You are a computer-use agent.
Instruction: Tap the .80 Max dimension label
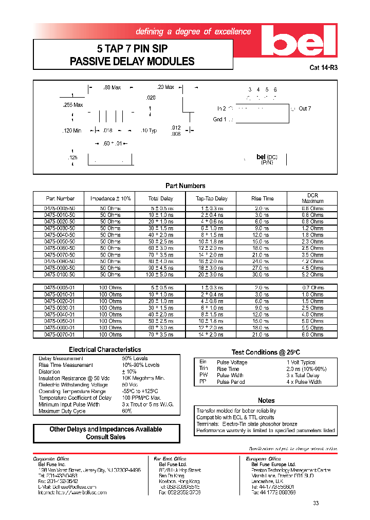[112, 88]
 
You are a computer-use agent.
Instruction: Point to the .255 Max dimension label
[72, 105]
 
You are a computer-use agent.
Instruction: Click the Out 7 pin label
[305, 108]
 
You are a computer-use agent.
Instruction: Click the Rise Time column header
[262, 198]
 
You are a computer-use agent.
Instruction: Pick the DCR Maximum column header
[313, 198]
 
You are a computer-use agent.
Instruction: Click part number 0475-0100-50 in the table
[60, 274]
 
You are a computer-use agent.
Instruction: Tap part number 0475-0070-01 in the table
[60, 335]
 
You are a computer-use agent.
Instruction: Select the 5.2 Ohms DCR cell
[313, 274]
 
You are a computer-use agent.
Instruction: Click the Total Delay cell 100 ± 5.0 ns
[161, 274]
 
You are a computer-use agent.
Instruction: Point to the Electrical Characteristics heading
[105, 349]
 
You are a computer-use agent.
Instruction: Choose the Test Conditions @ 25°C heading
[266, 352]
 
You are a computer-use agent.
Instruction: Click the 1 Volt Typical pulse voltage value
[301, 362]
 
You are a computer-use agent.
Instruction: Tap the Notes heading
[266, 400]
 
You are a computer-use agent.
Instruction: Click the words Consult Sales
[105, 437]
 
